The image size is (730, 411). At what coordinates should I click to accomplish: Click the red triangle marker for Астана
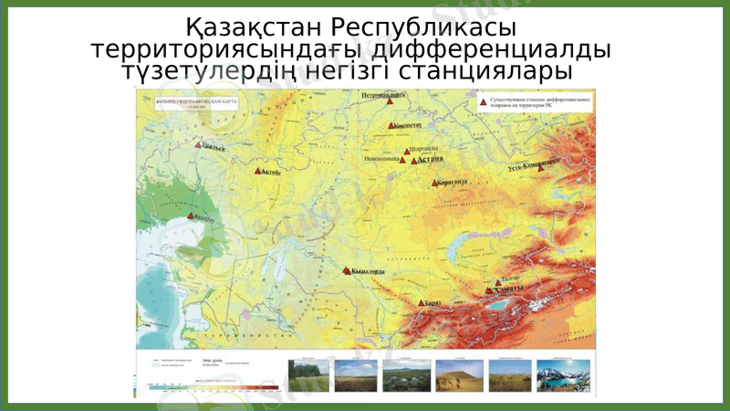coord(414,161)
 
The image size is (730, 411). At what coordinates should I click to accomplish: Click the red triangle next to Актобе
coord(257,170)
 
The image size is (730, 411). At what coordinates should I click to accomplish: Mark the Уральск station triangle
coord(198,144)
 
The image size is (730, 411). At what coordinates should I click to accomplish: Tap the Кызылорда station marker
coord(346,270)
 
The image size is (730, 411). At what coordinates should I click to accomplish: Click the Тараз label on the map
coord(433,302)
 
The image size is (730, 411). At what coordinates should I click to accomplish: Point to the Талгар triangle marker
coord(498,282)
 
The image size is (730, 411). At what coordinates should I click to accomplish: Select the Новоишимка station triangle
coord(402,160)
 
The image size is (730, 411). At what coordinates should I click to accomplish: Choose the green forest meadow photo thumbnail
coord(308,375)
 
